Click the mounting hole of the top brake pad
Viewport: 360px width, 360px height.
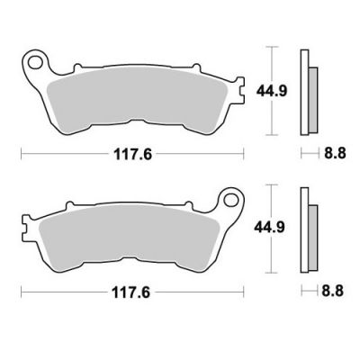pyautogui.click(x=35, y=63)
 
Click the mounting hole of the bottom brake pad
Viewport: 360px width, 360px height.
pyautogui.click(x=230, y=200)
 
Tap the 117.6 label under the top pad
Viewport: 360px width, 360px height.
pyautogui.click(x=132, y=155)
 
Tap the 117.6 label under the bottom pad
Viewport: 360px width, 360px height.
pyautogui.click(x=130, y=292)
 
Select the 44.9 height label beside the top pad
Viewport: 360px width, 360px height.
pyautogui.click(x=272, y=91)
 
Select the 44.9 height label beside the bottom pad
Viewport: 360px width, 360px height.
pyautogui.click(x=270, y=228)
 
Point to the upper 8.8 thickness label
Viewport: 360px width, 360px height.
pyautogui.click(x=335, y=154)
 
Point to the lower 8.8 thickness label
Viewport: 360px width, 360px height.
pyautogui.click(x=333, y=291)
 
